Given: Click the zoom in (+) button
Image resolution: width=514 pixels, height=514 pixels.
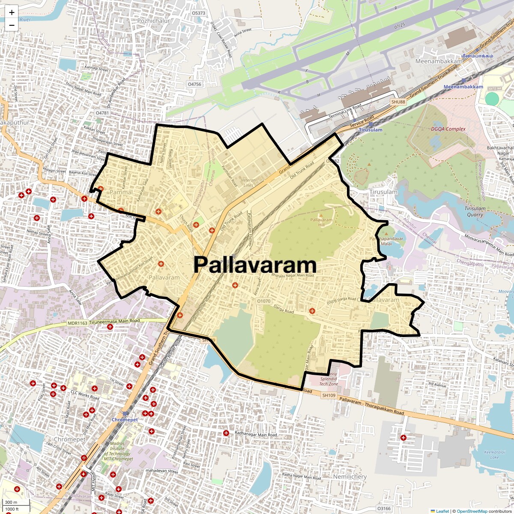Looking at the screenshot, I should (x=12, y=12).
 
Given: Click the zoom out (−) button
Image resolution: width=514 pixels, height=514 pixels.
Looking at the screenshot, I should (x=12, y=25).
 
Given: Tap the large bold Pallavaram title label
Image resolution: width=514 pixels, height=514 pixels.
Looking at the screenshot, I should (x=255, y=265).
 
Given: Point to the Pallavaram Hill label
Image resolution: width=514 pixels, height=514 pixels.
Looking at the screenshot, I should (x=321, y=222).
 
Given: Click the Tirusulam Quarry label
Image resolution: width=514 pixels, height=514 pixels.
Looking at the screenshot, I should (x=475, y=212).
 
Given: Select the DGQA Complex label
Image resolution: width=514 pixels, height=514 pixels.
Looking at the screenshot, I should (x=448, y=129).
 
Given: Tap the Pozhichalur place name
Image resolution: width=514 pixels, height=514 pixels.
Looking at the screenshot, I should (x=154, y=21).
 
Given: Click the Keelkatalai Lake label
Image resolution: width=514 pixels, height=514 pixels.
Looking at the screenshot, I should (x=491, y=454).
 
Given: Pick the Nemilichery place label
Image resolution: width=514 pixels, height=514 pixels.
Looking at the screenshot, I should (x=350, y=477).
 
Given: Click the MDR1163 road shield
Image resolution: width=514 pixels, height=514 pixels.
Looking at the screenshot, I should (x=77, y=323).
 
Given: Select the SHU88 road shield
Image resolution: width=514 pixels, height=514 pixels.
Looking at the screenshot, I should (x=397, y=102).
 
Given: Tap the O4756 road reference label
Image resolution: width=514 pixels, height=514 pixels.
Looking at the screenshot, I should (x=194, y=84).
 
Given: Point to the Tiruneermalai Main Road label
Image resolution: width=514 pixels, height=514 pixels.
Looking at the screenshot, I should (x=114, y=320).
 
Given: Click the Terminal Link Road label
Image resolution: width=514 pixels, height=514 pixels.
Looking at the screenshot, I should (x=345, y=111).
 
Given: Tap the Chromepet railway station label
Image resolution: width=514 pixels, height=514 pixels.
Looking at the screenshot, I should (x=125, y=420).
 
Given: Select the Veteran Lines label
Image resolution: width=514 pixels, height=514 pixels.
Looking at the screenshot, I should (x=248, y=183).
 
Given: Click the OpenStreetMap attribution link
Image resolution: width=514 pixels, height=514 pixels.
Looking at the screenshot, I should (x=472, y=511).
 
